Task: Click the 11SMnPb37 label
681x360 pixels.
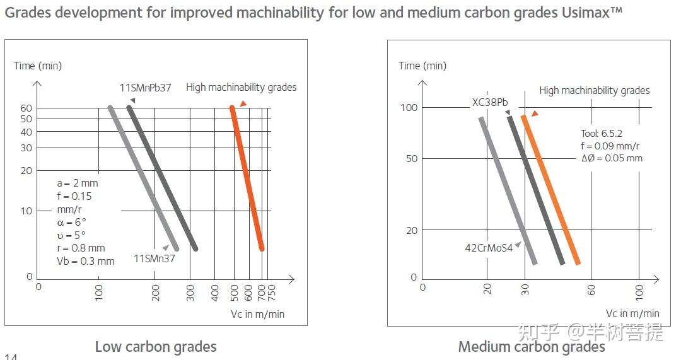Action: coord(145,88)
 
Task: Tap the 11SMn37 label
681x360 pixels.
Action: coord(154,257)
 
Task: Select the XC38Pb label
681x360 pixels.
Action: coord(490,102)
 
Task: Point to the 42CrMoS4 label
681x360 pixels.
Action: coord(489,248)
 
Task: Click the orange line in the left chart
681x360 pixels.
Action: coord(247,177)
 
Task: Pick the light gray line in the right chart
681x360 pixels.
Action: coord(508,189)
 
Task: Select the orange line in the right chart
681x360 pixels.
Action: coord(550,189)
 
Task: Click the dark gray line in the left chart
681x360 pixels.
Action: coord(163,177)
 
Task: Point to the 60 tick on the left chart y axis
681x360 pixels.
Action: coord(26,108)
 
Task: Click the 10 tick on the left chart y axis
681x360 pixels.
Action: coord(26,211)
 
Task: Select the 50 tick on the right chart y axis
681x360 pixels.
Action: coord(412,158)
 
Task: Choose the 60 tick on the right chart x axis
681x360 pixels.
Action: coord(591,290)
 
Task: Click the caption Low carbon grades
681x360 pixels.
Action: coord(156,347)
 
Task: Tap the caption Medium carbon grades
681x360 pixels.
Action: coord(532,347)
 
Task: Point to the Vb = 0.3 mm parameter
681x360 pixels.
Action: coord(86,261)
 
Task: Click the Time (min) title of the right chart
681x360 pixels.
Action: coord(422,66)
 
